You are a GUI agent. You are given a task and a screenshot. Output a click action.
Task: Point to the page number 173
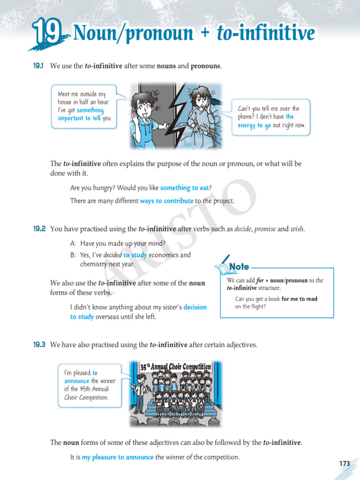pyautogui.click(x=345, y=464)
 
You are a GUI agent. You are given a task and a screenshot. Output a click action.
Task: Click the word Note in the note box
pyautogui.click(x=239, y=267)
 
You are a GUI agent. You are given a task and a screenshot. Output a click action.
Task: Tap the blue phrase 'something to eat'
pyautogui.click(x=185, y=188)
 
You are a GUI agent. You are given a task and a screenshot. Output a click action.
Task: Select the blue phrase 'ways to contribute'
pyautogui.click(x=166, y=201)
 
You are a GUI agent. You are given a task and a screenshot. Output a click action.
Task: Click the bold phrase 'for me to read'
pyautogui.click(x=299, y=299)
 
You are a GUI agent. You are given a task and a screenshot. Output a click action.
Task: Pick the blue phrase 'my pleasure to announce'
pyautogui.click(x=118, y=457)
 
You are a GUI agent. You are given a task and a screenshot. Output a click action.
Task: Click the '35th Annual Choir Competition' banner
pyautogui.click(x=176, y=366)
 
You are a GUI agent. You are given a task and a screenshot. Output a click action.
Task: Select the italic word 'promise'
pyautogui.click(x=265, y=229)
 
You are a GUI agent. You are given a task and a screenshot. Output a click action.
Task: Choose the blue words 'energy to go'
pyautogui.click(x=255, y=126)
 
